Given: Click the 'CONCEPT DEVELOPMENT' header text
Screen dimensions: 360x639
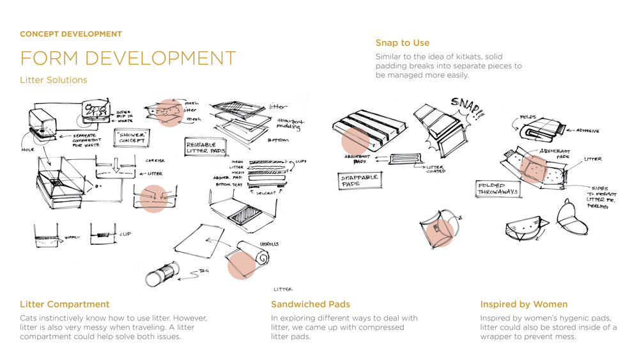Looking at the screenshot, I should pyautogui.click(x=71, y=34).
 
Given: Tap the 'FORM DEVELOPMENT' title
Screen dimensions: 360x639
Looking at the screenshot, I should pyautogui.click(x=128, y=58).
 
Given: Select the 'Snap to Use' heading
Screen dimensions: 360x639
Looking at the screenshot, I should pyautogui.click(x=402, y=43).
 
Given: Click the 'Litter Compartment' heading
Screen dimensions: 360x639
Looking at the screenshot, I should pyautogui.click(x=65, y=304).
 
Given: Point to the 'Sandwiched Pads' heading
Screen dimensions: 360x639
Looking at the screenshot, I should pyautogui.click(x=310, y=304).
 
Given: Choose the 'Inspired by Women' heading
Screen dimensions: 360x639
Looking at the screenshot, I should pyautogui.click(x=523, y=304).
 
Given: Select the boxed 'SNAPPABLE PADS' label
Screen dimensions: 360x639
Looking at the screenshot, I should pyautogui.click(x=360, y=180).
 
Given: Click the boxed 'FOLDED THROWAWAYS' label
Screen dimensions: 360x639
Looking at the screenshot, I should pyautogui.click(x=498, y=189).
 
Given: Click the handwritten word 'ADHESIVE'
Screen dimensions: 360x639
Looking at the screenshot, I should pyautogui.click(x=587, y=130).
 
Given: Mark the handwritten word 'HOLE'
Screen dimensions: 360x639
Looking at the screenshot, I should pyautogui.click(x=26, y=150).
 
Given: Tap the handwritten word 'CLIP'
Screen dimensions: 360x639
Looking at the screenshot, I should pyautogui.click(x=125, y=234).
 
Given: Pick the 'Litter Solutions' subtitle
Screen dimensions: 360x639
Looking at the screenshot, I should pyautogui.click(x=54, y=80).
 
